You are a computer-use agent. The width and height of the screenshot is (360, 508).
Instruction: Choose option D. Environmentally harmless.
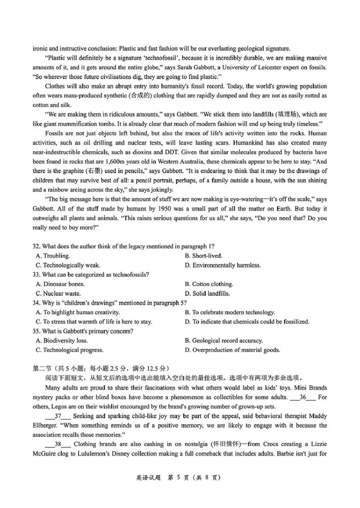coord(222,265)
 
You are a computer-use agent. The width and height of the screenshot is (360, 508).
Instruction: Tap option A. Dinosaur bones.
coord(60,284)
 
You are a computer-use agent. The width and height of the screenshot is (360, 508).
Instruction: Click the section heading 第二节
coord(43,369)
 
